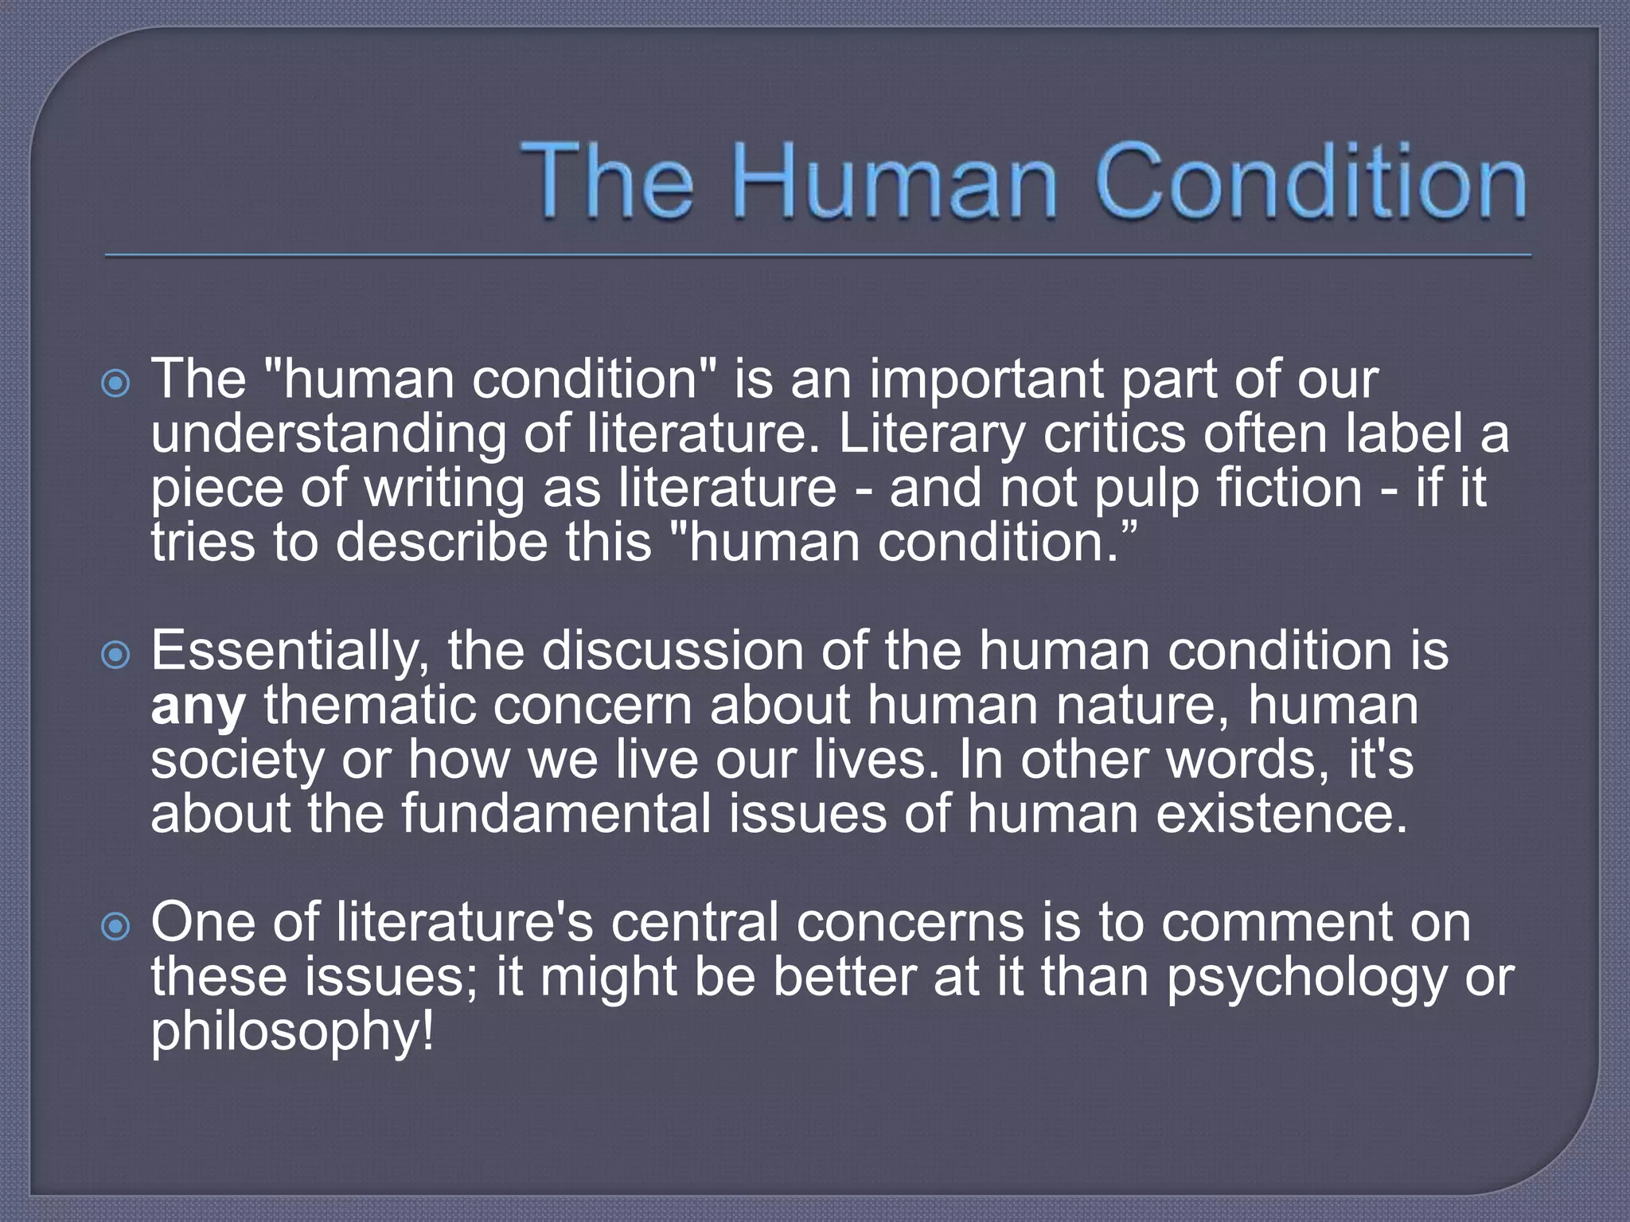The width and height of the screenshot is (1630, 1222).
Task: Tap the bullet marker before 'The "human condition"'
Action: pos(116,385)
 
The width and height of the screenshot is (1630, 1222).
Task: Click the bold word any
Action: pos(198,707)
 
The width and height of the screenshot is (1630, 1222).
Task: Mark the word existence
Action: pos(1281,815)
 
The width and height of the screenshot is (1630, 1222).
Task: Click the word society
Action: pos(237,761)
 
